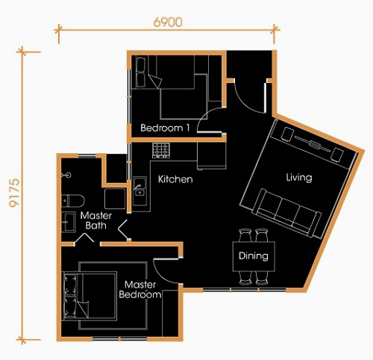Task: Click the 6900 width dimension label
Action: point(168,22)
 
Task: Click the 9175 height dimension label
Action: point(14,193)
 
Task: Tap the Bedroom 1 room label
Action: point(165,128)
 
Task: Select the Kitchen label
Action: point(175,179)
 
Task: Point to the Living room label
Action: point(299,178)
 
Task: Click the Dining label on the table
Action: point(253,256)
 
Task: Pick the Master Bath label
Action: point(96,220)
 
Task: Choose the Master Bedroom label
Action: point(140,290)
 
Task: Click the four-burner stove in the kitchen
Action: point(161,150)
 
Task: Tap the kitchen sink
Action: point(140,191)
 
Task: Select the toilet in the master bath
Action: point(73,201)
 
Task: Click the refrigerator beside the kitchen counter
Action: point(212,156)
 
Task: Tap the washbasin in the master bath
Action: point(69,222)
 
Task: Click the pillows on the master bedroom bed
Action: point(70,296)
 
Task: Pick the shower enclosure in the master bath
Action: point(115,199)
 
